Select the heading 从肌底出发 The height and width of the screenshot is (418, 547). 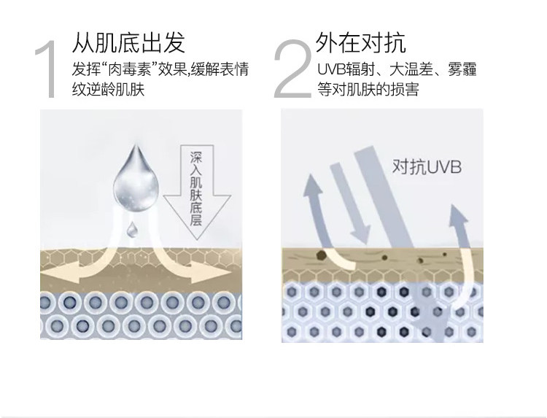(x=128, y=42)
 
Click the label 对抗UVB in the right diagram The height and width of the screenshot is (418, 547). (x=427, y=167)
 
